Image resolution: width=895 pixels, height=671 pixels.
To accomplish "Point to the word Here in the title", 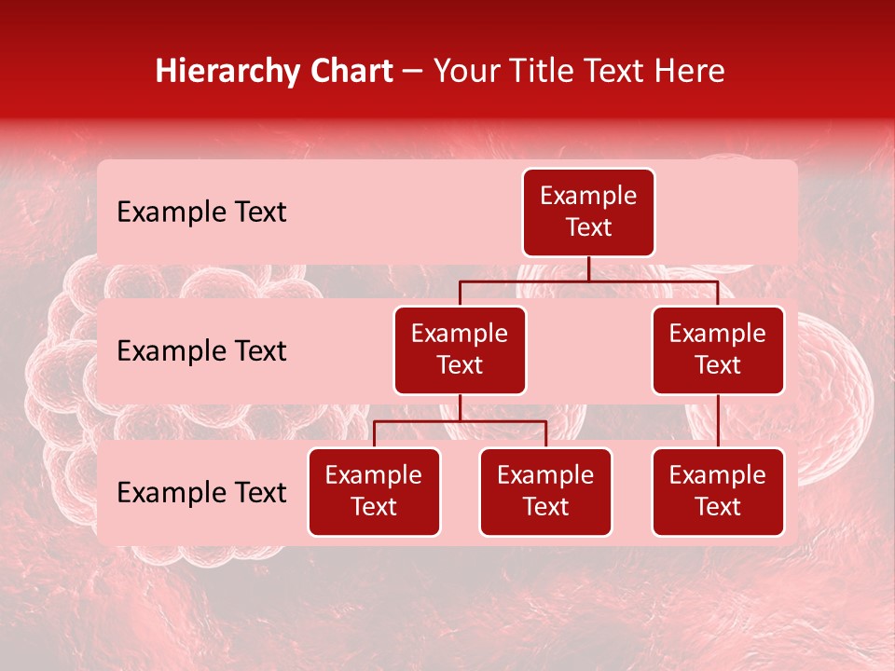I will click(689, 72).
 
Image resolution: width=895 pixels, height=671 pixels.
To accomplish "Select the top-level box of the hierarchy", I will click(588, 212).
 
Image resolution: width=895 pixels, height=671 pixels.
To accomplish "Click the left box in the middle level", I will click(460, 350).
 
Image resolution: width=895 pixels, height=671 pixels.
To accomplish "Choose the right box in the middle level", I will click(718, 350).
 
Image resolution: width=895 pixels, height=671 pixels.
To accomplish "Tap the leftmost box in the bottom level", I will click(374, 492).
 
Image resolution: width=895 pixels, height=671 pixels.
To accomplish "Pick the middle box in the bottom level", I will click(545, 492).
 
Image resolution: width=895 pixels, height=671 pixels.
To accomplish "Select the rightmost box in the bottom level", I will click(718, 492).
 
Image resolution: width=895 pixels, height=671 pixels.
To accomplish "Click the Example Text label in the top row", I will click(201, 212).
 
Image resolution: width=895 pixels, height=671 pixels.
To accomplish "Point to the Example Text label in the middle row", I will click(201, 351).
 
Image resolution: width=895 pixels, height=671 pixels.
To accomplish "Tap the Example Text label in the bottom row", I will click(201, 493).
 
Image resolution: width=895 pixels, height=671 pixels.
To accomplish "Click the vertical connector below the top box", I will click(588, 268).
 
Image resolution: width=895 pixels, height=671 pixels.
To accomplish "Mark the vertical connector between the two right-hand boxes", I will click(718, 421).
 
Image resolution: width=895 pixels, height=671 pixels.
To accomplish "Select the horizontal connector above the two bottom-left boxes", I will click(460, 421).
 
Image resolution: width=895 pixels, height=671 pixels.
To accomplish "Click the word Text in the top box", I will click(588, 228).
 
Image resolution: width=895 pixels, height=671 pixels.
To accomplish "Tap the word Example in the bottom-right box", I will click(718, 476).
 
